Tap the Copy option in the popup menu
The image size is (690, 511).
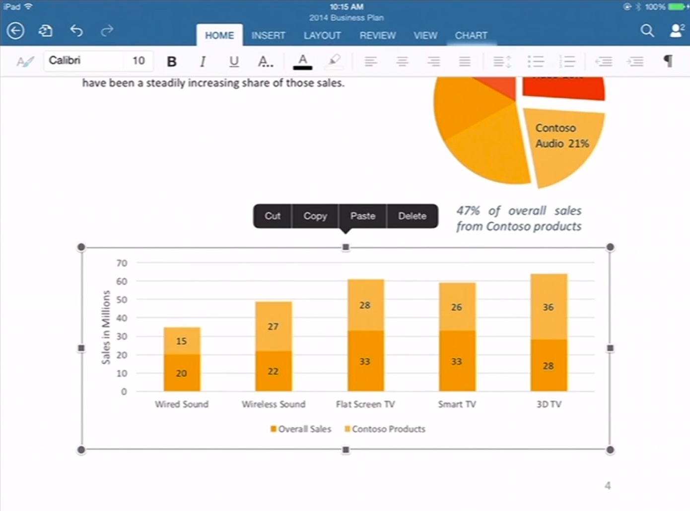[x=315, y=216]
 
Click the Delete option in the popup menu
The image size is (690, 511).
[x=412, y=216]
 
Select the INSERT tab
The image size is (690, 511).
[x=268, y=35]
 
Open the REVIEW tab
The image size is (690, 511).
[x=378, y=35]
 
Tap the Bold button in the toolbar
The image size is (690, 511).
[x=172, y=61]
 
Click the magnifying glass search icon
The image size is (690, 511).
[x=647, y=31]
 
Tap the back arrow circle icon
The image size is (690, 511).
[x=15, y=31]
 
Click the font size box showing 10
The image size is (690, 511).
[x=138, y=61]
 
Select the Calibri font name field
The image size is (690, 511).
[x=82, y=61]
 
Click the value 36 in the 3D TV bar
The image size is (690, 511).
[x=548, y=307]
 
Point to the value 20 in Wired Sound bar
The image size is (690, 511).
[x=182, y=373]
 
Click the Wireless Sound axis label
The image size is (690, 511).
[x=274, y=404]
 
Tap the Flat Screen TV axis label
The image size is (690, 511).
[x=365, y=404]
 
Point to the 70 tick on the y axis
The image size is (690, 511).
[x=122, y=263]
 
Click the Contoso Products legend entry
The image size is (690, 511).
[x=385, y=429]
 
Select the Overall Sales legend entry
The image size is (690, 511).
[x=301, y=429]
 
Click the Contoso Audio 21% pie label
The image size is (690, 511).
[x=562, y=136]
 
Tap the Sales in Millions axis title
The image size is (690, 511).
[x=106, y=327]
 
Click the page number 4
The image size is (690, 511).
[x=608, y=486]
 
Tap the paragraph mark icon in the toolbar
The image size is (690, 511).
[x=668, y=61]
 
